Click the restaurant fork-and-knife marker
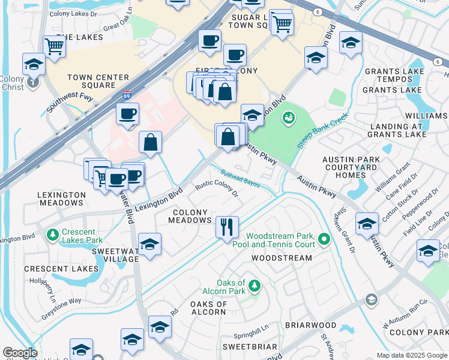pos(227,227)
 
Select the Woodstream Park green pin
pos(325,240)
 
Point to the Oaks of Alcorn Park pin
pos(255,284)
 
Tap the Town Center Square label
pos(98,82)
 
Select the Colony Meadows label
pos(191,217)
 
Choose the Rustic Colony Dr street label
pos(217,189)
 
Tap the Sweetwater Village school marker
pos(149,244)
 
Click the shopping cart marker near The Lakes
pos(54,45)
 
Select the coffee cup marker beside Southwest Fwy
pos(127,113)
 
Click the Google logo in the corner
pos(20,353)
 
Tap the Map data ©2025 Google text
pos(411,355)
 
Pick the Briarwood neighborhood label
pos(310,325)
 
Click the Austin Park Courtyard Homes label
pos(352,167)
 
